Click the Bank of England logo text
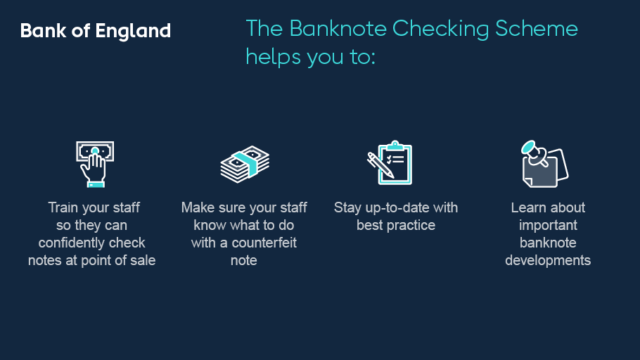(x=95, y=31)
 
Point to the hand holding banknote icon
(x=94, y=163)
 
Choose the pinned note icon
(x=544, y=163)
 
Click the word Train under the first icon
(x=63, y=207)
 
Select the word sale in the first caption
(x=143, y=260)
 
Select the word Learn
(x=527, y=207)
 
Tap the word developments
(x=548, y=260)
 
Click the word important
(x=548, y=225)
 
